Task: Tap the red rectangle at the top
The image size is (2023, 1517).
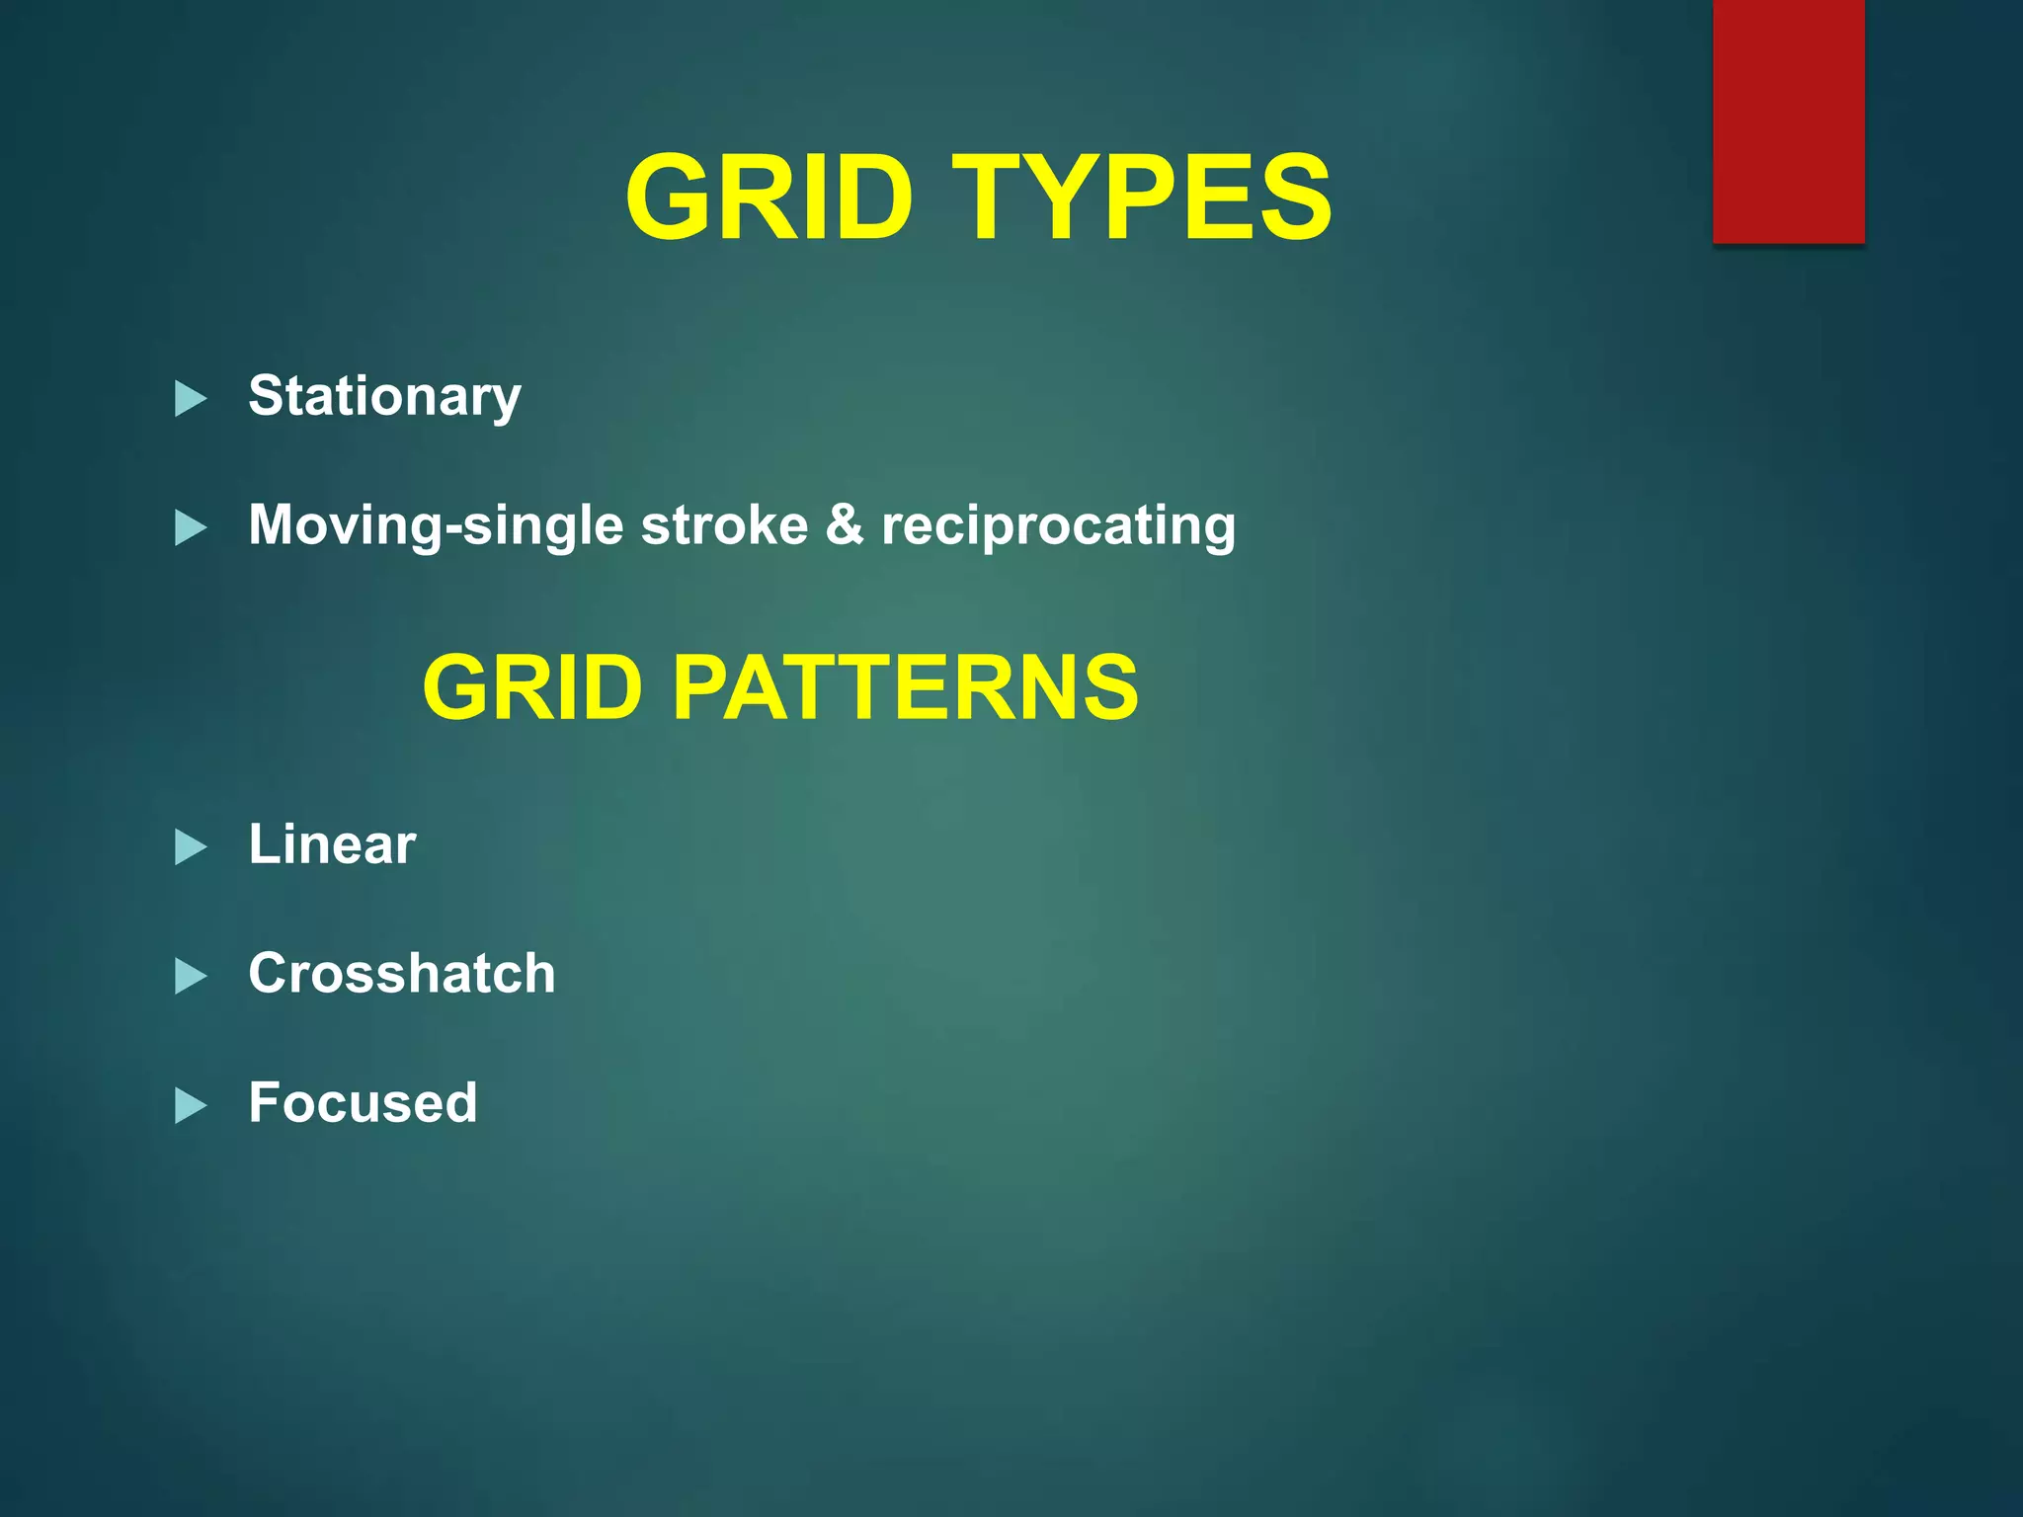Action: click(1788, 120)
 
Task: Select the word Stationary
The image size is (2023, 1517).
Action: click(384, 397)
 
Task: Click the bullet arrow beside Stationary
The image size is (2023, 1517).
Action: click(190, 399)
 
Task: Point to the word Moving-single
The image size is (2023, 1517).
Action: click(435, 525)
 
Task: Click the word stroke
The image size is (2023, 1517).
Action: click(724, 525)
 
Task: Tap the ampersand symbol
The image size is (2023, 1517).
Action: click(845, 523)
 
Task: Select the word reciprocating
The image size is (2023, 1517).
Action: click(1058, 525)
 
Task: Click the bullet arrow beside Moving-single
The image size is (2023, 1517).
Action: click(190, 527)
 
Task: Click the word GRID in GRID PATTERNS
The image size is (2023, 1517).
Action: click(532, 687)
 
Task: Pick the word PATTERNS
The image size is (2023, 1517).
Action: click(905, 687)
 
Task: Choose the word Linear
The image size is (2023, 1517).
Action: click(332, 844)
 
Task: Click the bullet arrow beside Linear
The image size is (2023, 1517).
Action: click(190, 846)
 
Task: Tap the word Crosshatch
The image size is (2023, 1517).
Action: click(402, 974)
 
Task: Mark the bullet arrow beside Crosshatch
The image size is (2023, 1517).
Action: click(190, 976)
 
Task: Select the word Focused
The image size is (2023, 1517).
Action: click(363, 1102)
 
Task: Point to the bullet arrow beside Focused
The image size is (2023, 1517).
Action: click(190, 1105)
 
